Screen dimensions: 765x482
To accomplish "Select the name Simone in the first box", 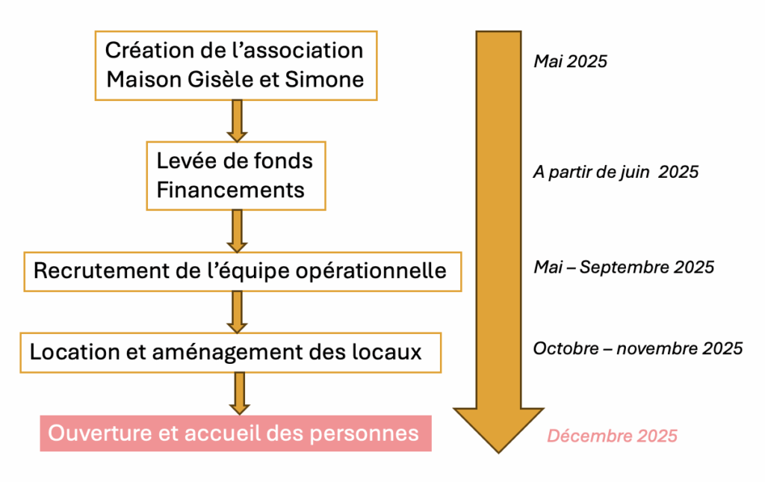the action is (x=324, y=79).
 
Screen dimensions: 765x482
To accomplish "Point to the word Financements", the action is (x=230, y=190).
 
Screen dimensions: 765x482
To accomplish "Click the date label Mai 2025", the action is (x=570, y=61).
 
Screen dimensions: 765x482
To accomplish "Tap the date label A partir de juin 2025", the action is (x=616, y=172).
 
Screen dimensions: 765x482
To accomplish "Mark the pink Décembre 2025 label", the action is (x=613, y=436).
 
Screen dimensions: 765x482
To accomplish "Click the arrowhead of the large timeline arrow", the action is (x=498, y=453).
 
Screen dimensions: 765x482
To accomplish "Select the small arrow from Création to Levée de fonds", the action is (x=237, y=121).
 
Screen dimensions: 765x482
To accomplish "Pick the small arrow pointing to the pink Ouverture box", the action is (x=239, y=393).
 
